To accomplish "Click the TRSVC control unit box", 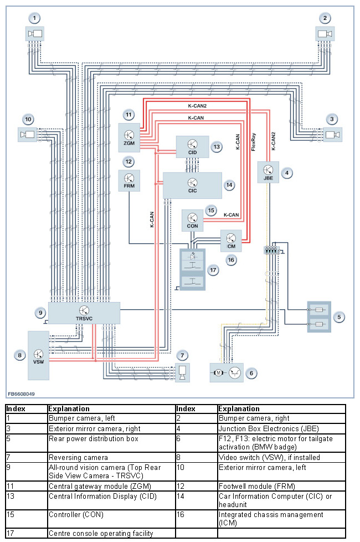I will pyautogui.click(x=84, y=313).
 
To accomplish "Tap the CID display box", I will pyautogui.click(x=192, y=147).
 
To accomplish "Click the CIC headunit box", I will pyautogui.click(x=192, y=185).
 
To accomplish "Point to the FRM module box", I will pyautogui.click(x=128, y=181).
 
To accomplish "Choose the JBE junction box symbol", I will pyautogui.click(x=269, y=172).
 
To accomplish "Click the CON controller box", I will pyautogui.click(x=193, y=220).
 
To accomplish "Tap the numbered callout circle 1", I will pyautogui.click(x=35, y=18).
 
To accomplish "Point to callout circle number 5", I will pyautogui.click(x=340, y=317).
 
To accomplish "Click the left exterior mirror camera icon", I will pyautogui.click(x=27, y=134).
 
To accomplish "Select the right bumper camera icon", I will pyautogui.click(x=324, y=34).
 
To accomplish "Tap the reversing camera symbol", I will pyautogui.click(x=182, y=372).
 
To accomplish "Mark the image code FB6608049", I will pyautogui.click(x=21, y=394).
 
